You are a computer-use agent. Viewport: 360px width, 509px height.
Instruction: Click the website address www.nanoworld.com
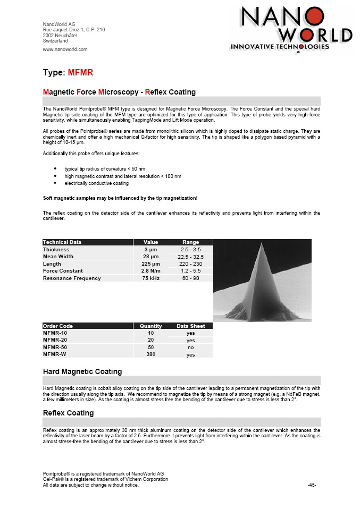(65, 49)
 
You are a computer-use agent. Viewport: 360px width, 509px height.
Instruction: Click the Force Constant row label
(63, 270)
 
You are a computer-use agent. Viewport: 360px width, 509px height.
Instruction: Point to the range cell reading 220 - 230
(190, 264)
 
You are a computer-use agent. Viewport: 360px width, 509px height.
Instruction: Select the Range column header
(190, 242)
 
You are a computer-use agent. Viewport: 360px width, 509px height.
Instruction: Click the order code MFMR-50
(55, 347)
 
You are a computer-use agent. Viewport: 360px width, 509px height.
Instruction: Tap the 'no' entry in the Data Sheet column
(190, 347)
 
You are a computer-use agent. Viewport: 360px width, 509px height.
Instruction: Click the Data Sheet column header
(190, 326)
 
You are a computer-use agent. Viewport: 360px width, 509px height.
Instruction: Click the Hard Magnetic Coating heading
(82, 371)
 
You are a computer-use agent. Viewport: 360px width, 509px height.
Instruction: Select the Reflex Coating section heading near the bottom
(68, 413)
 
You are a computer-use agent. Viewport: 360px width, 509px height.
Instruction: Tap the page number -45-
(312, 485)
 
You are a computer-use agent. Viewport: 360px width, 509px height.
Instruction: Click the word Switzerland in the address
(55, 41)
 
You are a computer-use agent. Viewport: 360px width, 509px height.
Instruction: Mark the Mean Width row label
(58, 256)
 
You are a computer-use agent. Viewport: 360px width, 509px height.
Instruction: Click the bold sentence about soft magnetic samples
(120, 198)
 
